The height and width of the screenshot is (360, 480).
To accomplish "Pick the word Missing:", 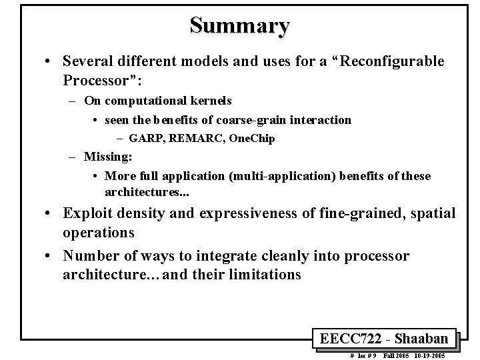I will [108, 157].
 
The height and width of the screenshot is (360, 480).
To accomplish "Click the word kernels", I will [208, 101].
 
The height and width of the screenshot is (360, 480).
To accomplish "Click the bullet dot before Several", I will [50, 61].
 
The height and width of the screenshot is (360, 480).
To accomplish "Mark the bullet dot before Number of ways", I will [50, 256].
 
